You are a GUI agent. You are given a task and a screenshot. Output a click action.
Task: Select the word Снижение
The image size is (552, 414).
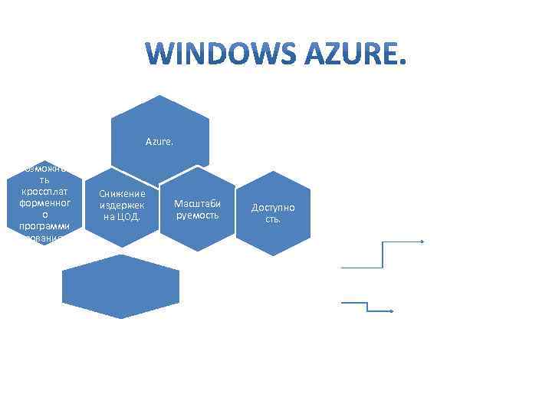pyautogui.click(x=122, y=194)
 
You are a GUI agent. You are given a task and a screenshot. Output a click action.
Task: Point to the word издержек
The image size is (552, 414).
pyautogui.click(x=122, y=205)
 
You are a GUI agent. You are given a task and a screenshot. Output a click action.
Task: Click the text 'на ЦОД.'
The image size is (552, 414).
pyautogui.click(x=122, y=216)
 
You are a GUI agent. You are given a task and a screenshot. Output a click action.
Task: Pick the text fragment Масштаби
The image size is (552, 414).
pyautogui.click(x=197, y=204)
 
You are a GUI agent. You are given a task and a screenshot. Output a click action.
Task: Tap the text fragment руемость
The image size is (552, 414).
pyautogui.click(x=197, y=215)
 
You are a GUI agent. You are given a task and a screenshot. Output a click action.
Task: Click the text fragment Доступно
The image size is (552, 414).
pyautogui.click(x=273, y=208)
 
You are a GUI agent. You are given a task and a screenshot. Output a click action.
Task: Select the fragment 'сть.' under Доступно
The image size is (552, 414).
pyautogui.click(x=273, y=219)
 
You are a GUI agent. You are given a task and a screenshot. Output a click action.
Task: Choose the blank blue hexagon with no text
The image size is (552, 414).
pyautogui.click(x=121, y=282)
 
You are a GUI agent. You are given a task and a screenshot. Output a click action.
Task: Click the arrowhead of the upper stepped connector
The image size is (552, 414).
pyautogui.click(x=421, y=242)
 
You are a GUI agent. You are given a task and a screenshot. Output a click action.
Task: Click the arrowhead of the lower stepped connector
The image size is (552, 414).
pyautogui.click(x=391, y=311)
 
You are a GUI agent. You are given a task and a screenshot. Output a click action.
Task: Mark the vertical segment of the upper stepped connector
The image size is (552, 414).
pyautogui.click(x=382, y=255)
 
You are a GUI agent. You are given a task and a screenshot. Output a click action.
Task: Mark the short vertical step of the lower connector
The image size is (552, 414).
pyautogui.click(x=368, y=307)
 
